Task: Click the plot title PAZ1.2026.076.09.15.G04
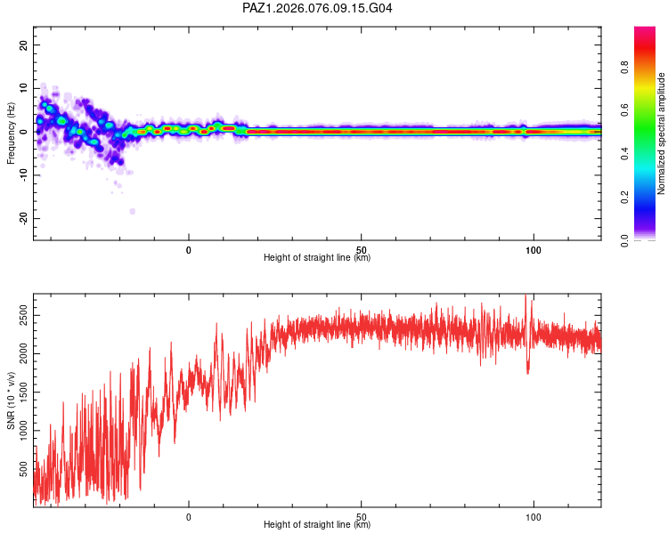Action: [317, 8]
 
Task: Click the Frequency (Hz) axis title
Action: [11, 132]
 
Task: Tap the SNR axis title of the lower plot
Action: [11, 400]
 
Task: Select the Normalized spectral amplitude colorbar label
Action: [662, 133]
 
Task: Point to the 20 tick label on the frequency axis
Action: [24, 45]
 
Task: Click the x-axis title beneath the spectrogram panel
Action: [317, 258]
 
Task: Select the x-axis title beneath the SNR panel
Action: [317, 525]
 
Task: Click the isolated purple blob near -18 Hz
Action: [132, 211]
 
